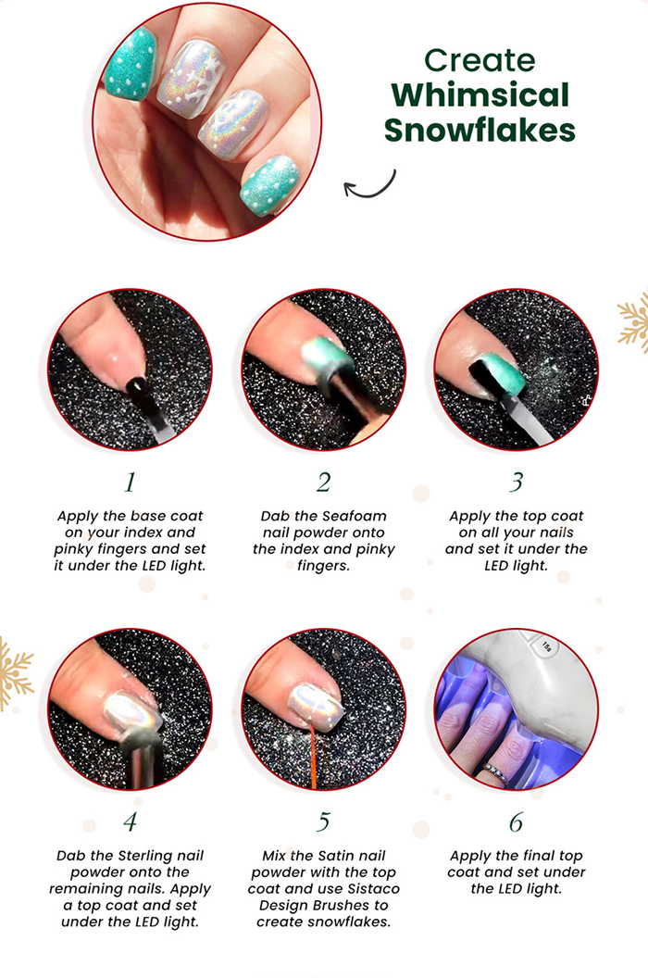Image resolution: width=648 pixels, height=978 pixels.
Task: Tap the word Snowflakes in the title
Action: coord(480,131)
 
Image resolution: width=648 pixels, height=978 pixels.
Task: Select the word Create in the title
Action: coord(480,60)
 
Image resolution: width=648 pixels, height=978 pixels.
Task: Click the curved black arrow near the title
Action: coord(370,185)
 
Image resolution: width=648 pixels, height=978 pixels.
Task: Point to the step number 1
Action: coord(130,483)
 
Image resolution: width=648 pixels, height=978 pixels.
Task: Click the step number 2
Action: coord(323,483)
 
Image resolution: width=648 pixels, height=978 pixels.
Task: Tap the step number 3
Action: coord(516,483)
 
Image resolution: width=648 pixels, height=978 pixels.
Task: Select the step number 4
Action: coord(130,821)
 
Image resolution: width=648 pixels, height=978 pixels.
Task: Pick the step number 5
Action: coord(323,821)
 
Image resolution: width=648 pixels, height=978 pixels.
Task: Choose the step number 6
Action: coord(516,821)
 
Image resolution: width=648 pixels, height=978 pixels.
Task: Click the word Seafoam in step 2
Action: coord(359,516)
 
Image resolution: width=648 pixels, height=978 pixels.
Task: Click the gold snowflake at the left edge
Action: coord(15,673)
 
